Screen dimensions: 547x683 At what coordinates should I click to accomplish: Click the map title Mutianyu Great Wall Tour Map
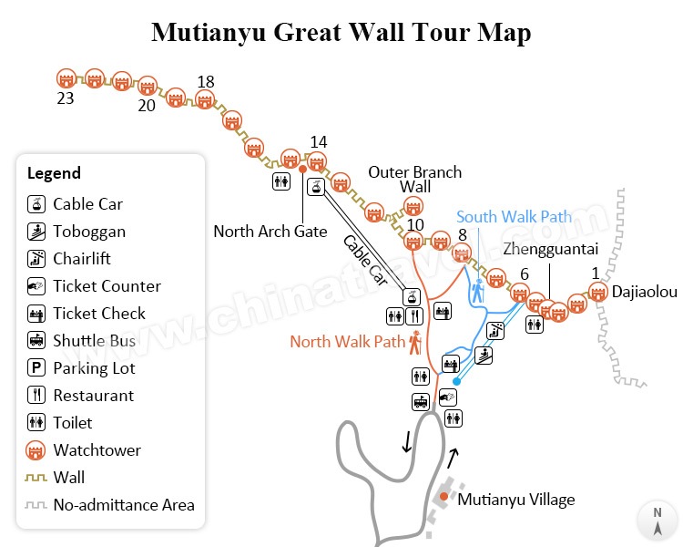click(341, 32)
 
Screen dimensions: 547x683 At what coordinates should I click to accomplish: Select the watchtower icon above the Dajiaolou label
click(597, 292)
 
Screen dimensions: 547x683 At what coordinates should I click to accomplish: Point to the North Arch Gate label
click(270, 232)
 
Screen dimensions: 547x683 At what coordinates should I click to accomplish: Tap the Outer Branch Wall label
click(414, 179)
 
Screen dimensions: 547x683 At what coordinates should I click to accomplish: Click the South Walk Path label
click(514, 217)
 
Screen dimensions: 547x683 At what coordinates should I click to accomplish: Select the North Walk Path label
click(347, 342)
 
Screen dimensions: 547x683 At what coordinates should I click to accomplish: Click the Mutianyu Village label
click(516, 500)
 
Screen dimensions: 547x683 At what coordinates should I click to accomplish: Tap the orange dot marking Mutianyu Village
click(443, 497)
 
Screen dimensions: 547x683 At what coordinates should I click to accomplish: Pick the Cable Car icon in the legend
click(36, 204)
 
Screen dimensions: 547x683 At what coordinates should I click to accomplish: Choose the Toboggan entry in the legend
click(88, 232)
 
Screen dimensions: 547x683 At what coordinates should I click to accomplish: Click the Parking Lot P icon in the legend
click(36, 368)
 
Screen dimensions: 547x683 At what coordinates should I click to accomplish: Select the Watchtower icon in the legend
click(36, 450)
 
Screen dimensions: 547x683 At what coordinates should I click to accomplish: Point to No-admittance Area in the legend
click(123, 505)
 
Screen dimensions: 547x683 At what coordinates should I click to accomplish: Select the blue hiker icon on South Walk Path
click(478, 291)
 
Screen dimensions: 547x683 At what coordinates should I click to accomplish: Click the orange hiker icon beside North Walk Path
click(415, 342)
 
